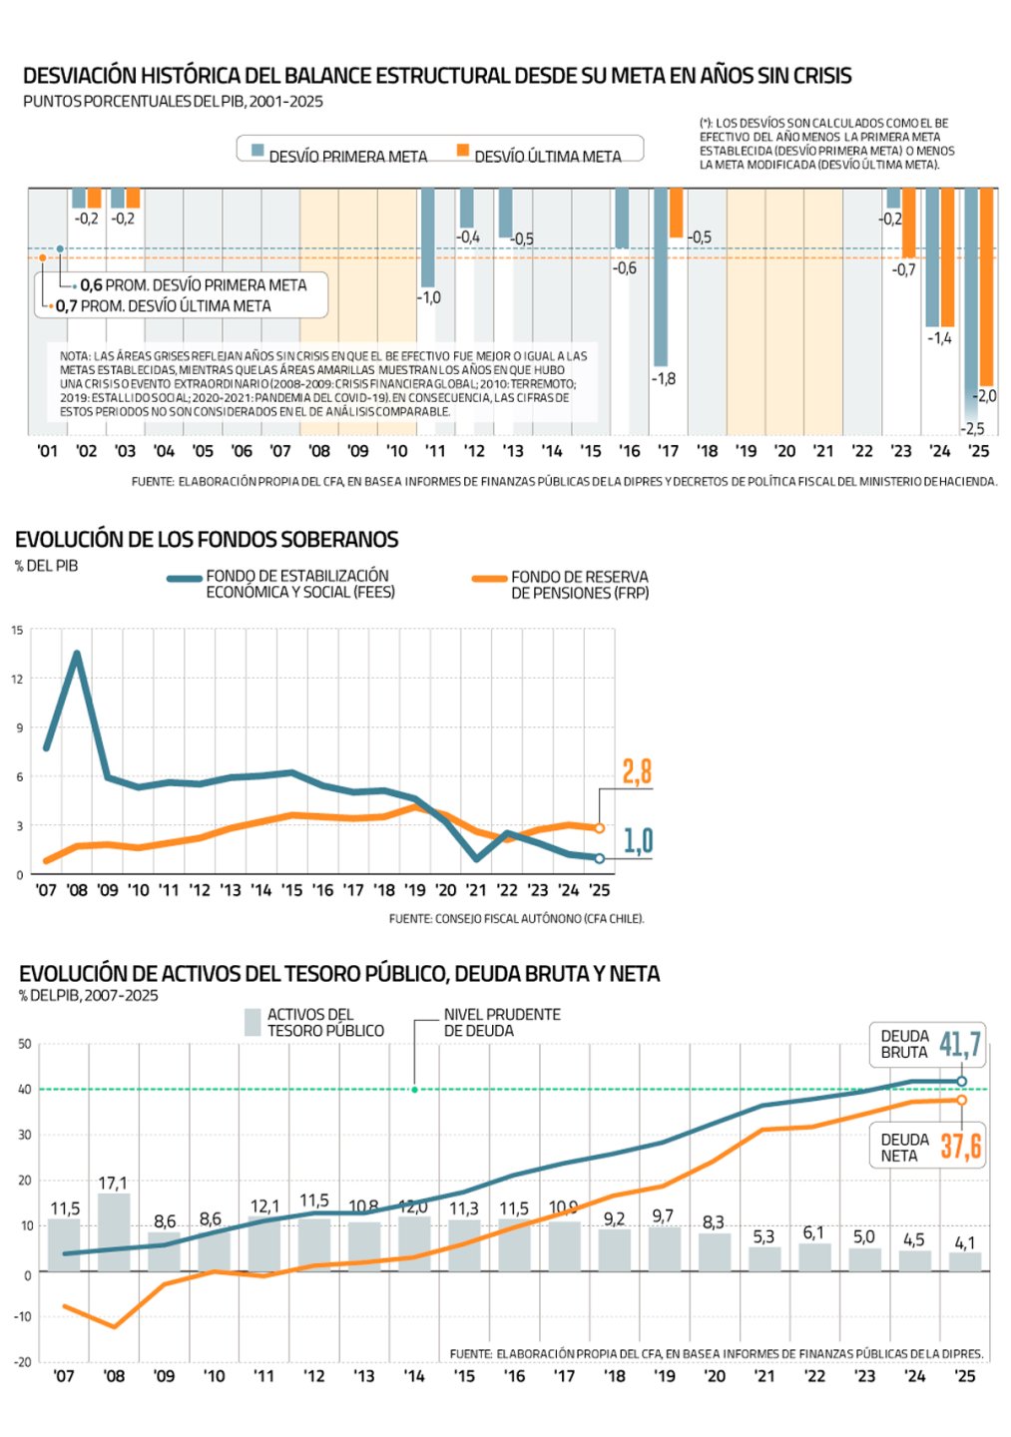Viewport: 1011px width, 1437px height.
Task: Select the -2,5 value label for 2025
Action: point(972,428)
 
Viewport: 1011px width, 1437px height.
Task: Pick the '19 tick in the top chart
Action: point(746,451)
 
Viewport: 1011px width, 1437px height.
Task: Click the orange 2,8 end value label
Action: point(637,771)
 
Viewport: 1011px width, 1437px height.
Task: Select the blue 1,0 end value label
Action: point(638,841)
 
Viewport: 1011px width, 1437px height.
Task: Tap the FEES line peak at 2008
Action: point(77,655)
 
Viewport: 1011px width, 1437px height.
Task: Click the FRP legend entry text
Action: point(579,585)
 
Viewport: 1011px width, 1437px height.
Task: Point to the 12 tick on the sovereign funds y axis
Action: point(17,679)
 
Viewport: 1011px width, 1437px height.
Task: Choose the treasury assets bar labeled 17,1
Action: point(114,1231)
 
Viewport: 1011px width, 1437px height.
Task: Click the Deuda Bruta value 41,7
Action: point(960,1045)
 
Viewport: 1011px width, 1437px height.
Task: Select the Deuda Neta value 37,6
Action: point(960,1147)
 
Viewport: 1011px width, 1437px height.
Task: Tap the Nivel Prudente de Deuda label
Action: point(501,1022)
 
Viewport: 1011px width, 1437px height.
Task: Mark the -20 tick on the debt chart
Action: point(24,1361)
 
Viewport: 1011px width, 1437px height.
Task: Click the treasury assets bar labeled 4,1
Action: point(965,1261)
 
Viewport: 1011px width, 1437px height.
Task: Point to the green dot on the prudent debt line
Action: point(415,1090)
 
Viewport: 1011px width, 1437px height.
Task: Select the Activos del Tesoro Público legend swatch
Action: point(253,1022)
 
